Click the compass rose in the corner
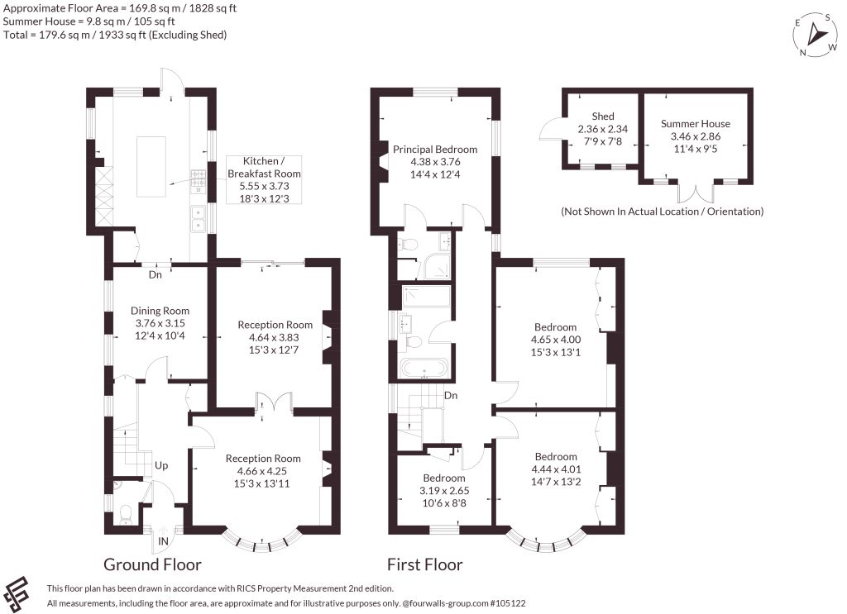[x=815, y=35]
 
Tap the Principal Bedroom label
[x=435, y=150]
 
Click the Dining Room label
[x=160, y=311]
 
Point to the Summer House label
[x=695, y=124]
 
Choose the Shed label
[x=603, y=116]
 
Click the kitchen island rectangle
[x=151, y=167]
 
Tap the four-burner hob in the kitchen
[x=199, y=181]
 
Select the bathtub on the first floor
[x=424, y=369]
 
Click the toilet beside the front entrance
[x=126, y=514]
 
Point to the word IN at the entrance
[x=163, y=541]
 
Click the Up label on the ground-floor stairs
[x=161, y=465]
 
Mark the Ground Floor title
[x=152, y=564]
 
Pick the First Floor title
[x=424, y=564]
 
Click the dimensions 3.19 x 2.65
[x=444, y=490]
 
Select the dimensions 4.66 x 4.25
[x=262, y=471]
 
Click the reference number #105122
[x=508, y=603]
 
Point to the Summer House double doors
[x=696, y=193]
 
